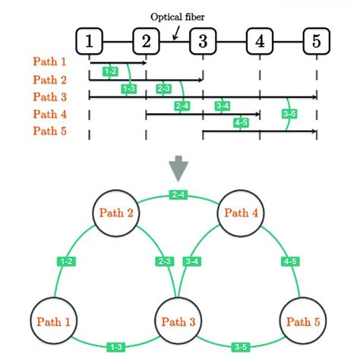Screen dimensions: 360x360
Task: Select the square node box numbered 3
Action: pyautogui.click(x=203, y=42)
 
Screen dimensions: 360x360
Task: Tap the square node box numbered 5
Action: pyautogui.click(x=317, y=42)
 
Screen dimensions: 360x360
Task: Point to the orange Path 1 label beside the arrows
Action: pyautogui.click(x=50, y=62)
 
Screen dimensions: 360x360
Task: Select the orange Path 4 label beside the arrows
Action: pyautogui.click(x=50, y=113)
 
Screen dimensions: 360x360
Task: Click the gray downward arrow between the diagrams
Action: pyautogui.click(x=180, y=165)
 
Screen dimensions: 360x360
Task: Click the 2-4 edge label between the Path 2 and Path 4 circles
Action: pyautogui.click(x=179, y=195)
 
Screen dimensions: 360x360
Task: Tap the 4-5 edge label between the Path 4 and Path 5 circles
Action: pyautogui.click(x=289, y=261)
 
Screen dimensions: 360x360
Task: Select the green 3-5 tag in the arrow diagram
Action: pyautogui.click(x=289, y=114)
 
